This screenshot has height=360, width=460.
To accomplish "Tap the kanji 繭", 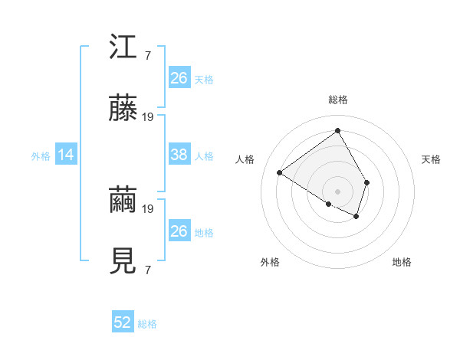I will coord(122,201).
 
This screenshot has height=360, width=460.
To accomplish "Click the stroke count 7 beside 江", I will coord(147,56).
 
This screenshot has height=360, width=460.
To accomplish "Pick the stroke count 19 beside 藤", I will coord(148,117).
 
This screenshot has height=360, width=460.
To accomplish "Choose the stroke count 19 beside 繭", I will coord(148,208).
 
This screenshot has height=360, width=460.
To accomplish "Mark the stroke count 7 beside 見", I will coord(147,270).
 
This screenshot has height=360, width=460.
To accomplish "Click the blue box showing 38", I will coord(179,155).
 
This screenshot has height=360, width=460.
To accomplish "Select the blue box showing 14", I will coord(66,155).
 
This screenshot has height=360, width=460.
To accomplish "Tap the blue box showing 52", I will coord(123,322).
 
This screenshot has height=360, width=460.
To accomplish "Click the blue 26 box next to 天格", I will coord(179,78).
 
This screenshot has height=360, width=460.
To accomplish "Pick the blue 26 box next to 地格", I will coord(179,231).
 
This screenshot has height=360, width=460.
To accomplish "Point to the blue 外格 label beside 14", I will coord(41,156).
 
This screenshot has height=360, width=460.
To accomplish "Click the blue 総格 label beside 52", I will coord(147,324).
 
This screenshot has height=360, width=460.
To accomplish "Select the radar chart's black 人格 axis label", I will coord(245,159).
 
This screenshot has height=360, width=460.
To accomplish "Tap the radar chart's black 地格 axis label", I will coord(402,262).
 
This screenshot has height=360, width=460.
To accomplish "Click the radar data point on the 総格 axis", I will coord(337,130).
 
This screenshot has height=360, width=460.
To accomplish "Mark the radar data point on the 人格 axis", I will coord(280,172).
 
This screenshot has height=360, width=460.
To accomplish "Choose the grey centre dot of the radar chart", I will coord(337,191).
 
